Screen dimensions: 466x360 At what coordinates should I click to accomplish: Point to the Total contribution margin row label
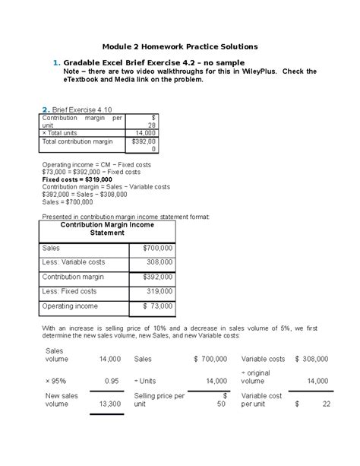pos(77,141)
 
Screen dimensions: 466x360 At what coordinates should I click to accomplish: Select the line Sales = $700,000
pos(68,201)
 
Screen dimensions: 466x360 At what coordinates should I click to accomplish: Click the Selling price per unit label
pos(159,400)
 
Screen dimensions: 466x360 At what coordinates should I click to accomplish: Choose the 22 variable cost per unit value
pos(326,404)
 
